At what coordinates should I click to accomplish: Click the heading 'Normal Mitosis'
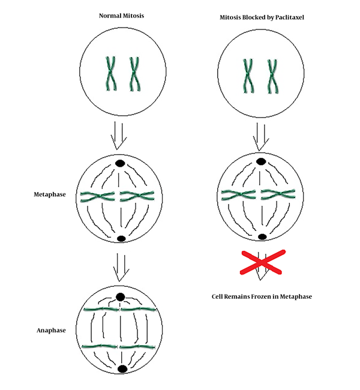click(121, 16)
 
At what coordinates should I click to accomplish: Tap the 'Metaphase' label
click(50, 194)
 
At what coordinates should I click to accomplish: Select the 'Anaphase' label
click(51, 331)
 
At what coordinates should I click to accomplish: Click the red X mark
click(262, 262)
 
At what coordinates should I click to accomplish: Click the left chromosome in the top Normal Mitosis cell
click(111, 73)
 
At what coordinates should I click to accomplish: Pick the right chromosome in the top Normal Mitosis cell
click(134, 74)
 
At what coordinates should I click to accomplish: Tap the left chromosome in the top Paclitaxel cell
click(248, 76)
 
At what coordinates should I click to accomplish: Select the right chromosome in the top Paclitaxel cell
click(272, 76)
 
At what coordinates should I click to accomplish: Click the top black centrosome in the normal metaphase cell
click(120, 163)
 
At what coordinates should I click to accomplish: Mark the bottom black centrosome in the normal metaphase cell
click(121, 239)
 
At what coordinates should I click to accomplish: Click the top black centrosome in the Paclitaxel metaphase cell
click(261, 161)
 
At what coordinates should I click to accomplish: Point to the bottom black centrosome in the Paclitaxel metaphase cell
click(262, 237)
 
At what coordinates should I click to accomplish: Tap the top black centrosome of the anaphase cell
click(121, 297)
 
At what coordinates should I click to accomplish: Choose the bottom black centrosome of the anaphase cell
click(122, 368)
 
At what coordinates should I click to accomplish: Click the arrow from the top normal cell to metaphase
click(119, 136)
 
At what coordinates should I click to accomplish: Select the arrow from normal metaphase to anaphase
click(121, 268)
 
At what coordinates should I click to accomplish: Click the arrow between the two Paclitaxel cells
click(261, 137)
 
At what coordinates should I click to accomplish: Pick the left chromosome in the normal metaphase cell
click(97, 196)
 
